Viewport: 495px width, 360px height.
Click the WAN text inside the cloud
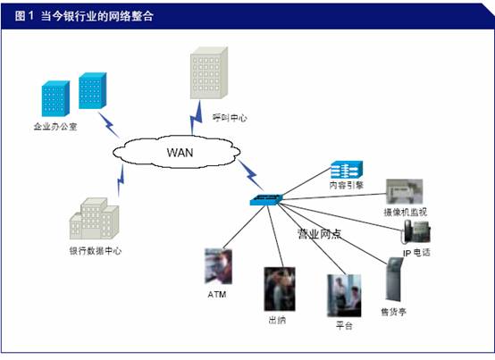180,153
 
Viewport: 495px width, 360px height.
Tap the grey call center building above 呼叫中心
209,73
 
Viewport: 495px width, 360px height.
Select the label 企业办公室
55,127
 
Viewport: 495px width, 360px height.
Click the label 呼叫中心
230,118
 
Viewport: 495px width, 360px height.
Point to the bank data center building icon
94,218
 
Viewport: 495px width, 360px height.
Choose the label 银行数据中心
96,251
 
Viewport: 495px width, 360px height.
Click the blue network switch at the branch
265,199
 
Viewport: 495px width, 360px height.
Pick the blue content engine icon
347,170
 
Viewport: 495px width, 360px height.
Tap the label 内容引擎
347,185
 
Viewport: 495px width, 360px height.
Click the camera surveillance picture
405,192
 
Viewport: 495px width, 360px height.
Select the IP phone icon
416,232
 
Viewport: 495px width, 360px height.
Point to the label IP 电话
416,253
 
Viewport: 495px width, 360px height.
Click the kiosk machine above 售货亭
394,280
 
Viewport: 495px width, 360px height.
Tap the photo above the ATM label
218,266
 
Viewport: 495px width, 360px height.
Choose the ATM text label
217,295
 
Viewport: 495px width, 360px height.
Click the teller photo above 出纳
280,289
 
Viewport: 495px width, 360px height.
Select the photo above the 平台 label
344,296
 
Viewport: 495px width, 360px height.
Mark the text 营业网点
319,234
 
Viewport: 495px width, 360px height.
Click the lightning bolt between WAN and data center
121,180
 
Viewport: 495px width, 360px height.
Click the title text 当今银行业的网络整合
97,16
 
